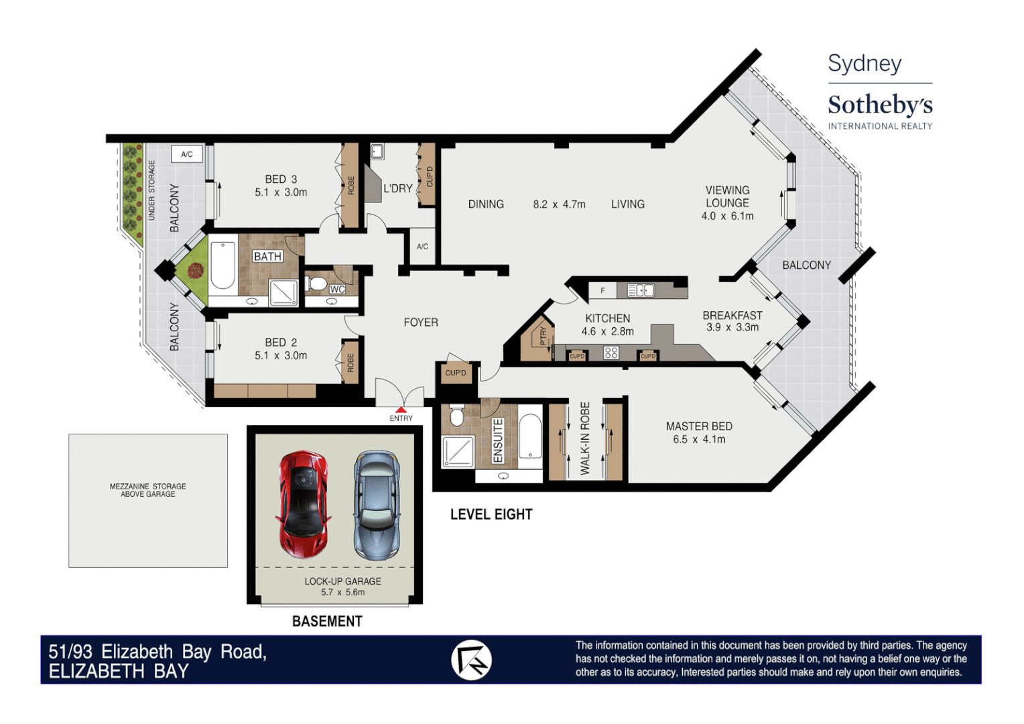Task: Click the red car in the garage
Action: coord(304,504)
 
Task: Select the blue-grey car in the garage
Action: coord(377,505)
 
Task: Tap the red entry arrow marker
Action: coord(401,410)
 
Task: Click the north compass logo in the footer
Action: coord(471,660)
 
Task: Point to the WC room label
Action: coord(337,289)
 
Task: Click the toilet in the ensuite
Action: coord(457,416)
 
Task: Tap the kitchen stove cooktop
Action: coord(611,352)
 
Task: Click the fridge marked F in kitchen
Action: coord(602,290)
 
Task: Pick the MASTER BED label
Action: coord(699,426)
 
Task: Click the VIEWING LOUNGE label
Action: coord(727,196)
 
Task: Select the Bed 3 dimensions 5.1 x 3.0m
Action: coord(281,192)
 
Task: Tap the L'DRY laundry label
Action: coord(398,188)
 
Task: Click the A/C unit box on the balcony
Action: coord(187,154)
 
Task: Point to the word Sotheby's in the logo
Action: coord(879,105)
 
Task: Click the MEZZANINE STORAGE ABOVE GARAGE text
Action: coord(148,490)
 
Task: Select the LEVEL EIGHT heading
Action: coord(491,514)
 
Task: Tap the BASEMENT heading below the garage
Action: coord(327,621)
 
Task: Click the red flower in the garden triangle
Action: coord(196,270)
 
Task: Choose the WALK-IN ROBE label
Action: coord(585,438)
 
